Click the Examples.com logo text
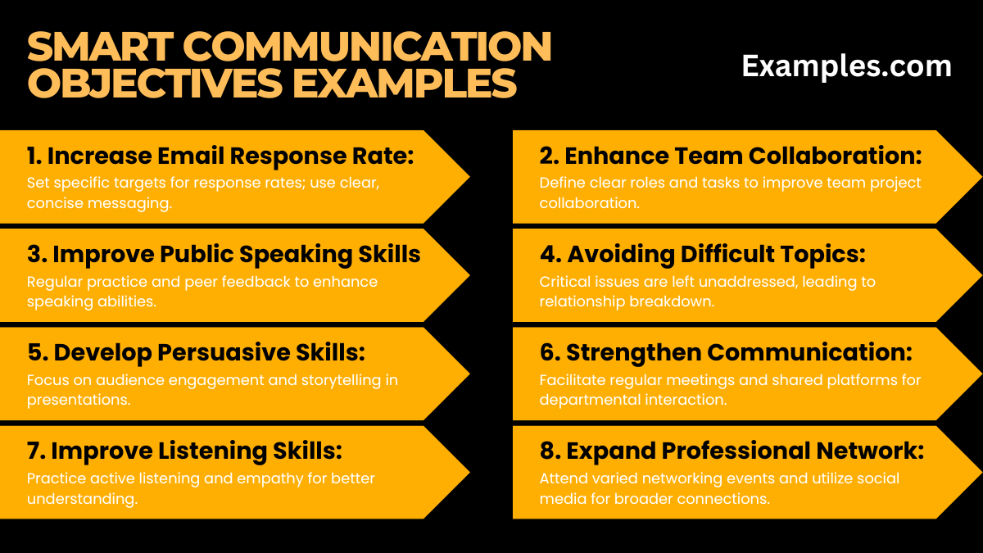(x=846, y=66)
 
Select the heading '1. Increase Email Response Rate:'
(x=220, y=156)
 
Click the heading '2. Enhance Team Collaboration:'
(x=731, y=156)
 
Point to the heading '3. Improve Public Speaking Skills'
(x=224, y=255)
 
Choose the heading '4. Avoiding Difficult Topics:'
(x=702, y=255)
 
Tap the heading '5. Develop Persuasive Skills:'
(x=196, y=352)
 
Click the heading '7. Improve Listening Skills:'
(x=184, y=451)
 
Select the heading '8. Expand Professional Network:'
(x=732, y=451)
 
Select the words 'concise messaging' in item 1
(x=99, y=203)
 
